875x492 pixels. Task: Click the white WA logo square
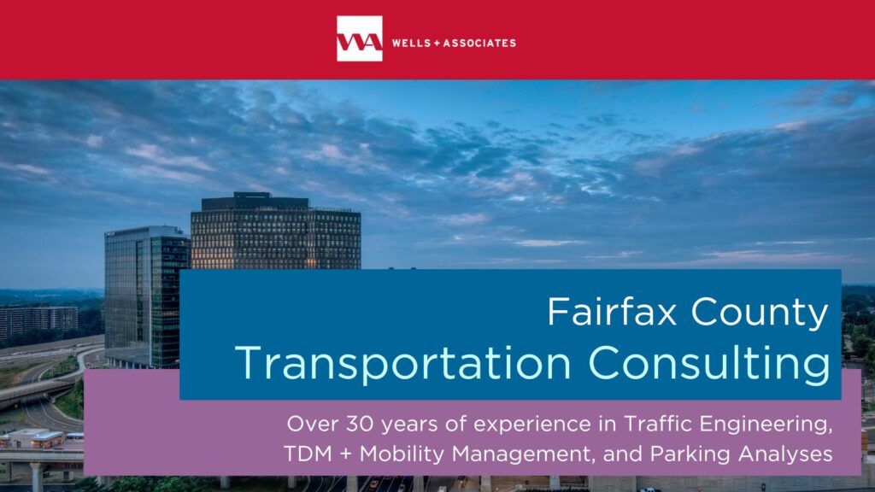pos(360,38)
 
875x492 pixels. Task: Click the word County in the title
pos(760,313)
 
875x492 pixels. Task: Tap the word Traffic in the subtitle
pos(659,424)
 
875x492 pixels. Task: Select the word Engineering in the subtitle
pos(766,425)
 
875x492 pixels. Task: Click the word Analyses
pos(785,454)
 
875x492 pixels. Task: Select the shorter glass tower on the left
pos(147,296)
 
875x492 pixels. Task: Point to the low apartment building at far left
pos(38,320)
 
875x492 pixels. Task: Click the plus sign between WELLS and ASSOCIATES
pos(437,43)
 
